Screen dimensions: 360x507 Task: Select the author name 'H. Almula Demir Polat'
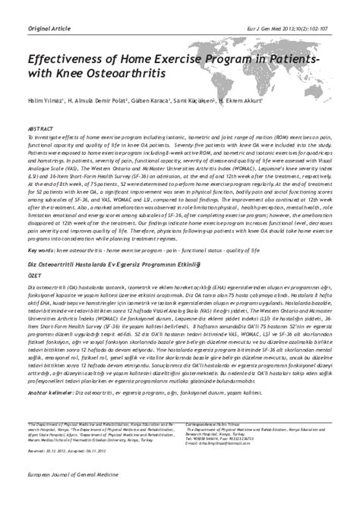point(97,100)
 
